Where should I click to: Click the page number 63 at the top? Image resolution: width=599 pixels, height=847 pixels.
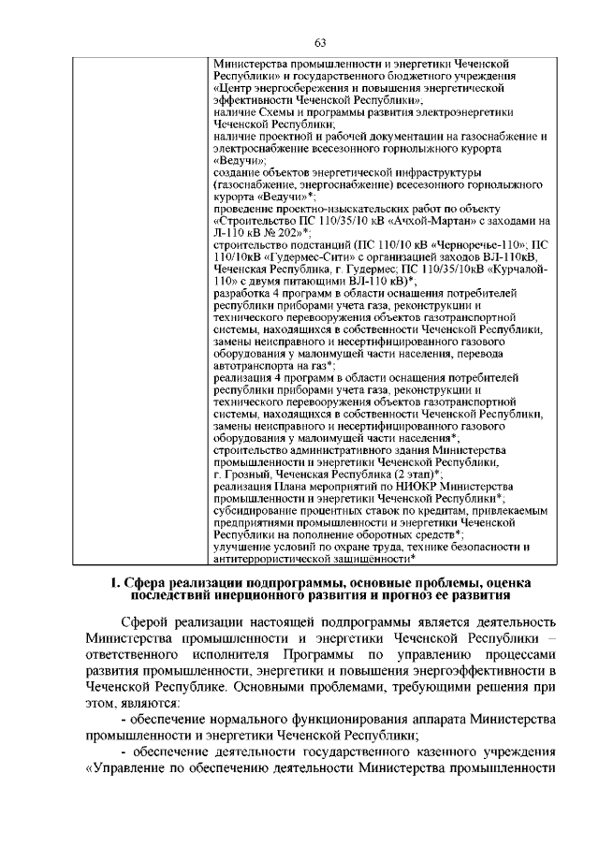coord(319,42)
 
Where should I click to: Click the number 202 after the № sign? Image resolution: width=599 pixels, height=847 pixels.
coord(286,232)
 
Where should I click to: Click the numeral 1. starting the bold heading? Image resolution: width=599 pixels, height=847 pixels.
coord(116,585)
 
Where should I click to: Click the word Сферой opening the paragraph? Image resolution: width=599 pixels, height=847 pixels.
coord(148,623)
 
